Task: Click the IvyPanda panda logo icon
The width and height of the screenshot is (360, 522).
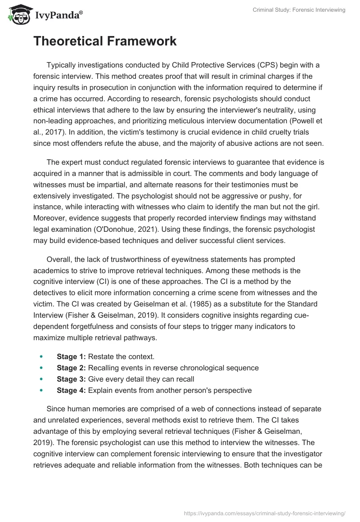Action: (18, 15)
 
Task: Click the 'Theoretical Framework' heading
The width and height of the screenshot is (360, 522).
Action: (105, 41)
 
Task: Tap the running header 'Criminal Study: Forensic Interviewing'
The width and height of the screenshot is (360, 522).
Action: (298, 10)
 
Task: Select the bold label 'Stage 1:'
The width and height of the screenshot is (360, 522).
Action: (71, 356)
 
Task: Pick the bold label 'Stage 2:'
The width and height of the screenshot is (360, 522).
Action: (71, 368)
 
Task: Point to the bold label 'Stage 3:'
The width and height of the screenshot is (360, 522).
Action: (71, 379)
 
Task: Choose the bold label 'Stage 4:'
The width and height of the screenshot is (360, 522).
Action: (71, 390)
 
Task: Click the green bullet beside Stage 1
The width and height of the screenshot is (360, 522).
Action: (41, 356)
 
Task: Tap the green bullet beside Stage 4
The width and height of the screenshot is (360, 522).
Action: (41, 390)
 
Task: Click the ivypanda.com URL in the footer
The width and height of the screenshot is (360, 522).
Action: (265, 513)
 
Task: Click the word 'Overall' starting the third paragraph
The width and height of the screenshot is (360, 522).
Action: (59, 260)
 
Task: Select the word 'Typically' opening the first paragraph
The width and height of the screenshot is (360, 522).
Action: (62, 65)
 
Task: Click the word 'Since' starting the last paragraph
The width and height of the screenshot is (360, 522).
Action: (55, 409)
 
